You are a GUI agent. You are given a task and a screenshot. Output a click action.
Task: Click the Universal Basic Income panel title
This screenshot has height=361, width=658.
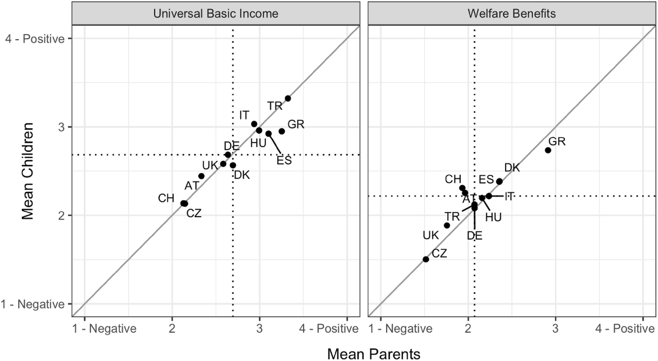tap(216, 13)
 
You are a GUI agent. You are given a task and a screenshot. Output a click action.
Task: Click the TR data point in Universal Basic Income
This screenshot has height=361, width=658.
tap(288, 99)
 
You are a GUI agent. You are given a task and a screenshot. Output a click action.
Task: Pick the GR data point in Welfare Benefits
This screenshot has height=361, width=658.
tap(548, 150)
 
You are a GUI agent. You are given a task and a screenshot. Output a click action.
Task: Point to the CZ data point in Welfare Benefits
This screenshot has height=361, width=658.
tap(426, 259)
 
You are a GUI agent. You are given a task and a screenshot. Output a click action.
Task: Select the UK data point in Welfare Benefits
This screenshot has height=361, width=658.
tap(447, 225)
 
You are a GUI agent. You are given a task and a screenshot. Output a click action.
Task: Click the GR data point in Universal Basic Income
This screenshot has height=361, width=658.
tap(282, 131)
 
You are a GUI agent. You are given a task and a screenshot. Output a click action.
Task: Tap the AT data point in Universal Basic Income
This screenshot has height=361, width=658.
tap(201, 176)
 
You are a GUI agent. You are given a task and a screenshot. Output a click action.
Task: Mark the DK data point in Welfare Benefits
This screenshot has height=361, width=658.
tap(499, 181)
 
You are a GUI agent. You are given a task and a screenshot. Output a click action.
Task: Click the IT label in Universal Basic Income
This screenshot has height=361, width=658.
tap(244, 115)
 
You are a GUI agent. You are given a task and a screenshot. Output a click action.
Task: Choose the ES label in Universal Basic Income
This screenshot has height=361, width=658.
tap(284, 160)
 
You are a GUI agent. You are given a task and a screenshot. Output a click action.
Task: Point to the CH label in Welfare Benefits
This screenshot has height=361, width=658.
tap(453, 179)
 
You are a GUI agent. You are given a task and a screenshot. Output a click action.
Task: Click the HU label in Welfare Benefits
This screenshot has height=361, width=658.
tap(493, 217)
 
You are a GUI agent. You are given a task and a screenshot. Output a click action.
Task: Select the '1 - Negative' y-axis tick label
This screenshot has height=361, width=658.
tap(37, 304)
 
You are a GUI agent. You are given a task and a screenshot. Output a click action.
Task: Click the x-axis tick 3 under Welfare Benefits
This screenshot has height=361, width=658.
tap(555, 329)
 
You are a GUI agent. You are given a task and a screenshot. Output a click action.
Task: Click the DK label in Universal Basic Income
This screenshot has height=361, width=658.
tap(242, 175)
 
